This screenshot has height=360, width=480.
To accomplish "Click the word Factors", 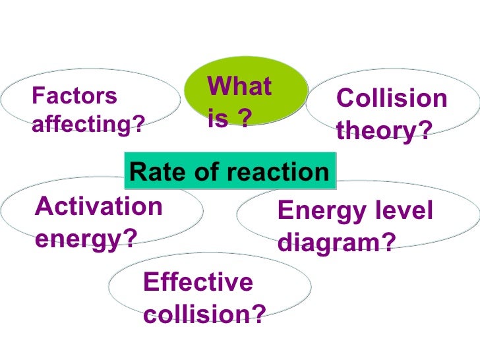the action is point(74,97).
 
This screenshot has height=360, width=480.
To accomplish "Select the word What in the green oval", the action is point(239,87).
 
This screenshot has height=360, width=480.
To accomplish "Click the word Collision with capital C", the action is point(392,100).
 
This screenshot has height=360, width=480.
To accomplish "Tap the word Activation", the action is point(99,206).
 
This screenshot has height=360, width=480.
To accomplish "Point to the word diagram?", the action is point(337,243).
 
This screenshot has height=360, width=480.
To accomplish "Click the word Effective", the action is point(198,283).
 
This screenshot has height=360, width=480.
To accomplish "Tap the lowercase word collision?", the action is point(204,315).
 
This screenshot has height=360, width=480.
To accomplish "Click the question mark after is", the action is point(245,119).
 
